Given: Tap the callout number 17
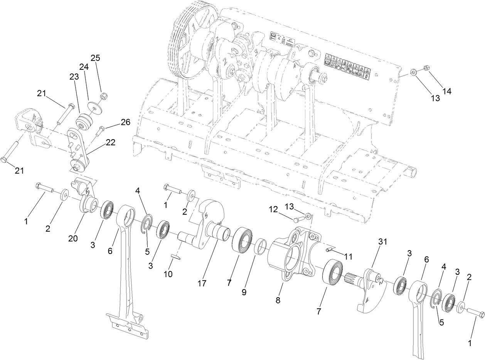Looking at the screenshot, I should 202,283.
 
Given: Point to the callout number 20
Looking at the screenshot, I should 73,238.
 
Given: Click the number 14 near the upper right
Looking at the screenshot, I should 447,91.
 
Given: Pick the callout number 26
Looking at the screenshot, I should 125,122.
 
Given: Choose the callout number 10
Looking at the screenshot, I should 168,274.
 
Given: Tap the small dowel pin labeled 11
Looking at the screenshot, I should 330,250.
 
